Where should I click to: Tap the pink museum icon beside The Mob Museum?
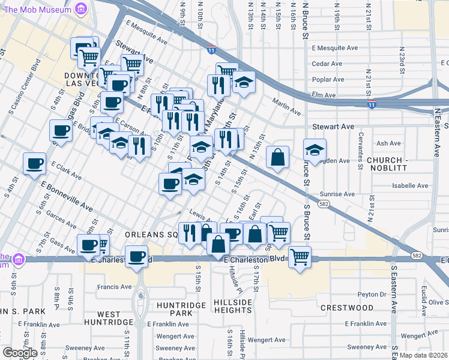coord(82,9)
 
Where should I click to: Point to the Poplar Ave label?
coord(328,79)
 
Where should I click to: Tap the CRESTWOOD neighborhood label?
coord(347,308)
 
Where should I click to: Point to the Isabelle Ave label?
coord(410,186)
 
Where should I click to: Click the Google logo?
coord(20,352)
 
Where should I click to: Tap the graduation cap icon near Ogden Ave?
coord(314,151)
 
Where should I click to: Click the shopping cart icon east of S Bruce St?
coord(300,257)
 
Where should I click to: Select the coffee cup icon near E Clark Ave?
coord(35,163)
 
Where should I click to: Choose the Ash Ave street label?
coord(388,143)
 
